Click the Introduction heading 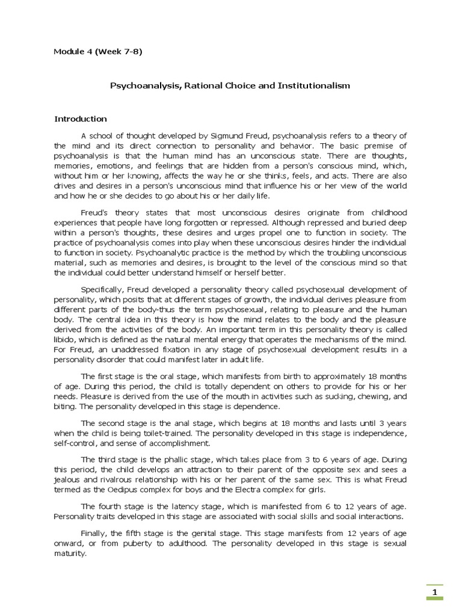click(80, 119)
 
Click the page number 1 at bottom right click(435, 594)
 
